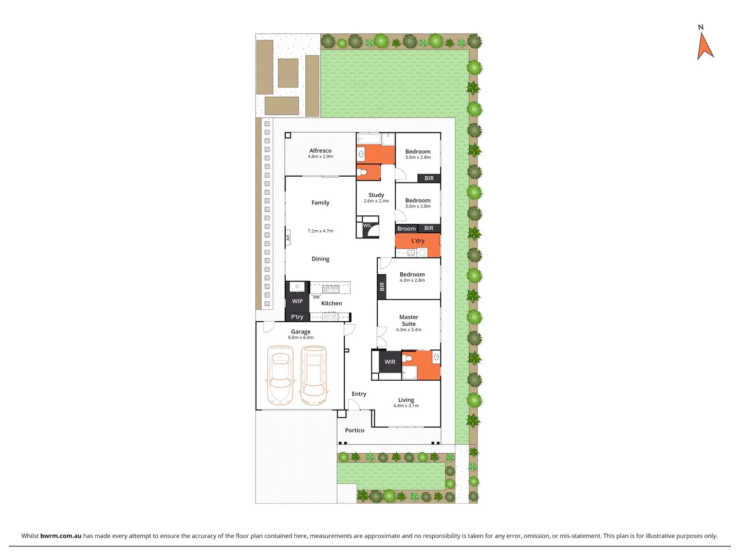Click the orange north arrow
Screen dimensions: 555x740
point(705,47)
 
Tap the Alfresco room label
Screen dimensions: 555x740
point(320,151)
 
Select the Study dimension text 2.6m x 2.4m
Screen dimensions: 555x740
point(376,201)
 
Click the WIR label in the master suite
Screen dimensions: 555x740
point(390,362)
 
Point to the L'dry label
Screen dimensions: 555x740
point(418,240)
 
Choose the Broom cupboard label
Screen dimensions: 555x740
point(406,229)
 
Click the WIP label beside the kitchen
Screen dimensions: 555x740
point(297,301)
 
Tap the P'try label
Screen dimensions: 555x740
point(297,317)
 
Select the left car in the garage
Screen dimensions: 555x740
point(281,375)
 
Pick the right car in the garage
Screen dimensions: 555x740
point(313,375)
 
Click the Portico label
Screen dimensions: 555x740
point(355,430)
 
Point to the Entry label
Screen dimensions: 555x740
point(359,394)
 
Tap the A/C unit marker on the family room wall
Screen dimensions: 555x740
point(288,237)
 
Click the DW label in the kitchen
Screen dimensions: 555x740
point(317,297)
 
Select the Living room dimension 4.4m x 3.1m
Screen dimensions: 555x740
point(406,406)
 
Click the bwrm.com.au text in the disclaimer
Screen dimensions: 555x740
point(61,535)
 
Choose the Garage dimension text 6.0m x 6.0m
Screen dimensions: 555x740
point(301,338)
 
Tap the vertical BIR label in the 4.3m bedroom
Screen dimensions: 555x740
point(382,287)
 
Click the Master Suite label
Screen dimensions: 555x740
point(409,320)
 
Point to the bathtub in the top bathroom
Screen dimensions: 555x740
point(368,138)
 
